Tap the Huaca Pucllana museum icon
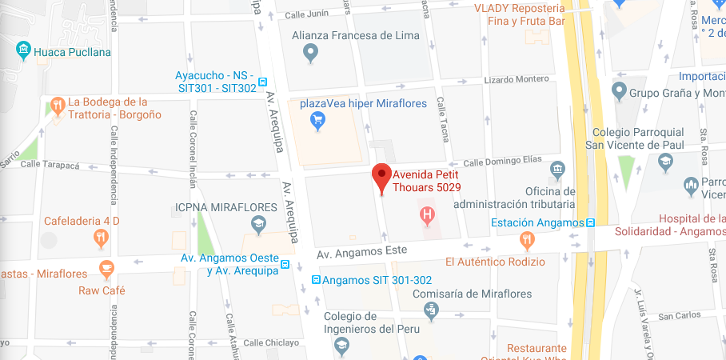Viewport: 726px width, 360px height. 24,52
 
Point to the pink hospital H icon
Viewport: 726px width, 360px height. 429,214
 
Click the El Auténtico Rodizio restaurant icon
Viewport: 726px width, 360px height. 526,238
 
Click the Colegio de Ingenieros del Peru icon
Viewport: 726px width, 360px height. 341,346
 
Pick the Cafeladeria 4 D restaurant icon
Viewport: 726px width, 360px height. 101,238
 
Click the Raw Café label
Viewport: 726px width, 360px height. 102,290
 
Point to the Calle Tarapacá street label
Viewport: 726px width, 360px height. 52,165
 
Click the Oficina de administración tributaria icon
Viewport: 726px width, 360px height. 557,170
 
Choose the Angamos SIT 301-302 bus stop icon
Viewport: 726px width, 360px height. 317,280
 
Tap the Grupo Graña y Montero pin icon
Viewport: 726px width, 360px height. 618,91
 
